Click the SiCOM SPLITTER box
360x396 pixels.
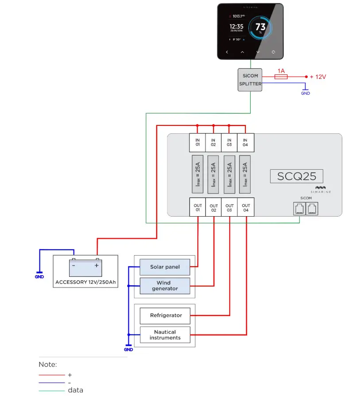pyautogui.click(x=250, y=80)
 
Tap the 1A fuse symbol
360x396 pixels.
pyautogui.click(x=281, y=77)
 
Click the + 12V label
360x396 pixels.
pyautogui.click(x=317, y=77)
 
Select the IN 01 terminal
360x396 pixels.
pyautogui.click(x=197, y=143)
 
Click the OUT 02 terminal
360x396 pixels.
pyautogui.click(x=214, y=208)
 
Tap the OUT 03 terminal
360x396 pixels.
pyautogui.click(x=230, y=208)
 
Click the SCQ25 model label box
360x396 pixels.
pyautogui.click(x=296, y=176)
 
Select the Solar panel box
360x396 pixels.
pyautogui.click(x=165, y=267)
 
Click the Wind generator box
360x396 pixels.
pyautogui.click(x=165, y=286)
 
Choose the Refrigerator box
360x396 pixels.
pyautogui.click(x=165, y=315)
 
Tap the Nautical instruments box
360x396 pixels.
pyautogui.click(x=165, y=334)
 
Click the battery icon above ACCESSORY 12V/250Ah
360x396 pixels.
pyautogui.click(x=85, y=267)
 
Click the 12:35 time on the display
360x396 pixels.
pyautogui.click(x=236, y=27)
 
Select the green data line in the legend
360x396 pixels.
pyautogui.click(x=52, y=390)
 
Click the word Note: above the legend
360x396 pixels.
pyautogui.click(x=48, y=365)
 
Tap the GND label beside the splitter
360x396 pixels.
pyautogui.click(x=306, y=93)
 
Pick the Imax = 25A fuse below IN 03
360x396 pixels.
pyautogui.click(x=229, y=174)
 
